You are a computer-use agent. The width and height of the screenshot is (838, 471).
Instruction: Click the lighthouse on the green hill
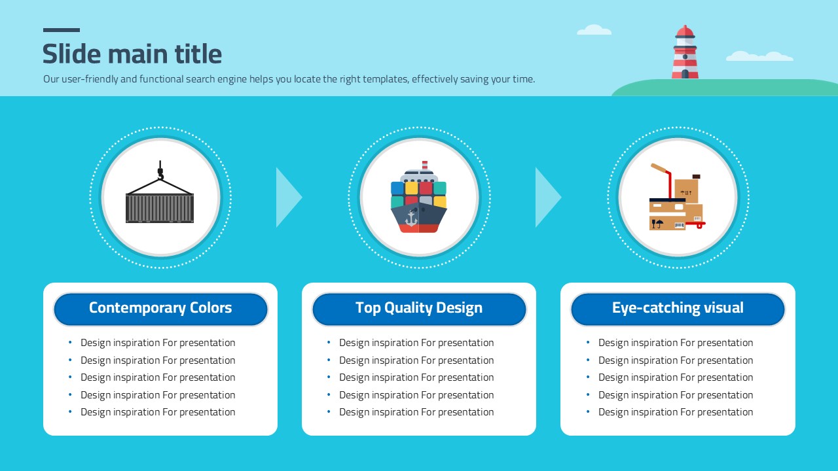[x=685, y=52]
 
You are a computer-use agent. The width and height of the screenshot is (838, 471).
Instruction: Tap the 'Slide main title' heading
[x=132, y=54]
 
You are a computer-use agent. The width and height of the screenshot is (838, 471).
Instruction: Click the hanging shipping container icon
[x=160, y=192]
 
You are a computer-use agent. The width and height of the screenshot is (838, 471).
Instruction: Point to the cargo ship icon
[x=419, y=197]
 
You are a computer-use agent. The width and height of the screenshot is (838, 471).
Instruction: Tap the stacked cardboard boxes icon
[x=677, y=197]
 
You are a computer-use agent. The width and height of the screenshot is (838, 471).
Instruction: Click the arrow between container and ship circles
[x=289, y=197]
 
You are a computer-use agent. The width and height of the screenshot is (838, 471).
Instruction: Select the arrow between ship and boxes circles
[x=548, y=197]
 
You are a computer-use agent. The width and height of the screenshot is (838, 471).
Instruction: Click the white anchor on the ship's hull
[x=411, y=218]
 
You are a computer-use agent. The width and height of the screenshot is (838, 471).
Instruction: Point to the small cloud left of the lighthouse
[x=594, y=30]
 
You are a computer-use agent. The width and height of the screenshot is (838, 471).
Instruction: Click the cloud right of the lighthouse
[x=759, y=56]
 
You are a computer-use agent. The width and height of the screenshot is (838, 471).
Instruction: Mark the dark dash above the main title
[x=62, y=30]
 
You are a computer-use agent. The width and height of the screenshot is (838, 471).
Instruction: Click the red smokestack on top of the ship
[x=425, y=166]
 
